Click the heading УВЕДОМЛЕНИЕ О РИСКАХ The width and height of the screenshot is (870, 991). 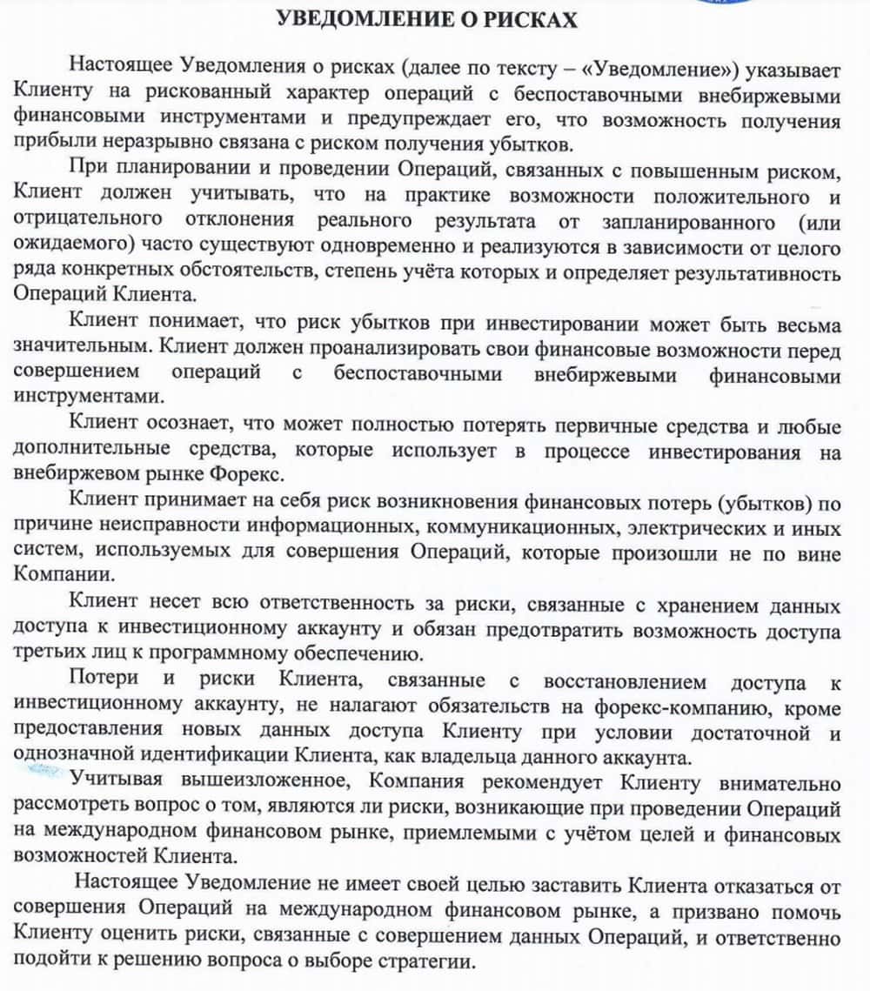426,18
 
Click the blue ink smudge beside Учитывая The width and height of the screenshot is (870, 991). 41,770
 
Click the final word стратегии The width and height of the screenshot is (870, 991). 429,964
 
